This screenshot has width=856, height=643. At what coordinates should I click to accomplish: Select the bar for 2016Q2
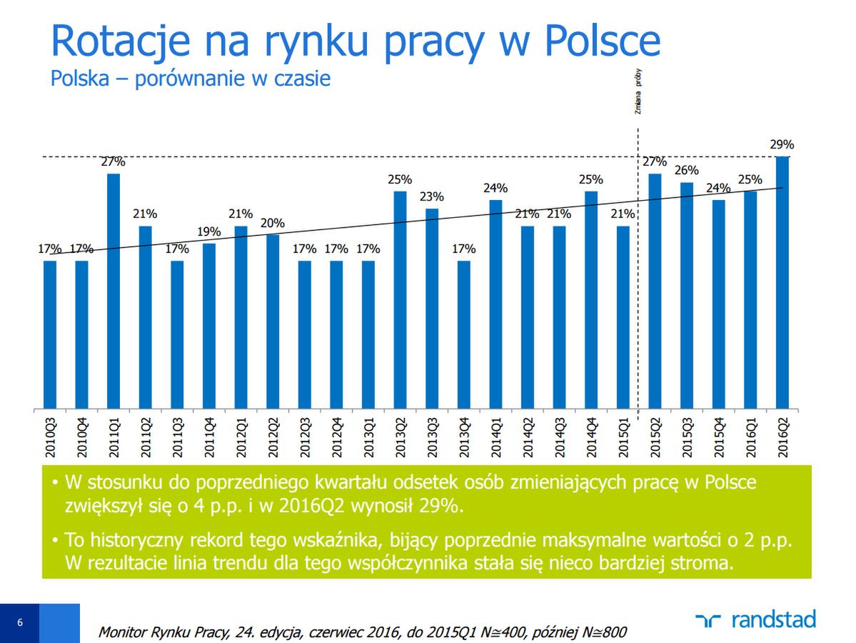782,283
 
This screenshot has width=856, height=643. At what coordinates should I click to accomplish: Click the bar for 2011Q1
114,291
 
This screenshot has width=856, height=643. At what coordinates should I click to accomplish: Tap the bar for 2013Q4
464,335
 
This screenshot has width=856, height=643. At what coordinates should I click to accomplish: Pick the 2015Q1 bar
623,318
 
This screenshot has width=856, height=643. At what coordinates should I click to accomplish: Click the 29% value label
782,144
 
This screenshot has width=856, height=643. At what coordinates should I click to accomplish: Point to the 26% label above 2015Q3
687,171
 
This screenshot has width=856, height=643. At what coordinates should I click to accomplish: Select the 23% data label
431,196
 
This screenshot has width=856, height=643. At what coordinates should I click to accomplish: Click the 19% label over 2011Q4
209,231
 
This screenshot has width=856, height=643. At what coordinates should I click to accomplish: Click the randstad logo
755,619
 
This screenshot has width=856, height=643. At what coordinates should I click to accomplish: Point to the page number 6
19,622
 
